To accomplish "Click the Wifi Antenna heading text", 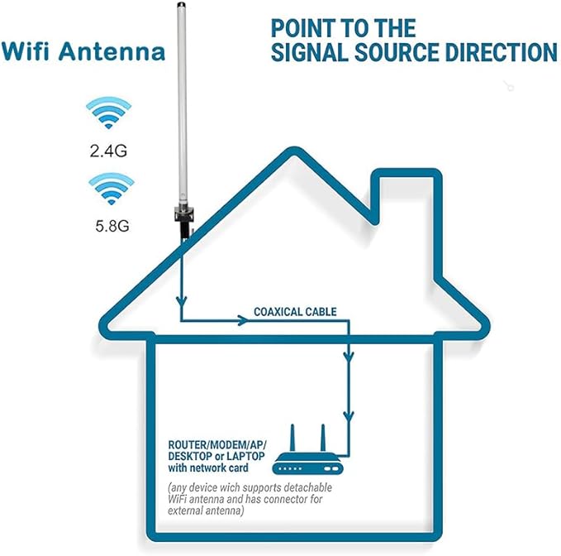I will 83,51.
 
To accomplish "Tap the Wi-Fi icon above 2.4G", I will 109,115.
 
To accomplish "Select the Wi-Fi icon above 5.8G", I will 109,189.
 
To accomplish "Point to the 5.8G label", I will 109,223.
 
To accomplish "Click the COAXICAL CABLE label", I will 295,312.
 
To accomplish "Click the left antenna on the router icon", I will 295,436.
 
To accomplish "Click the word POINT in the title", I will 306,26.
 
